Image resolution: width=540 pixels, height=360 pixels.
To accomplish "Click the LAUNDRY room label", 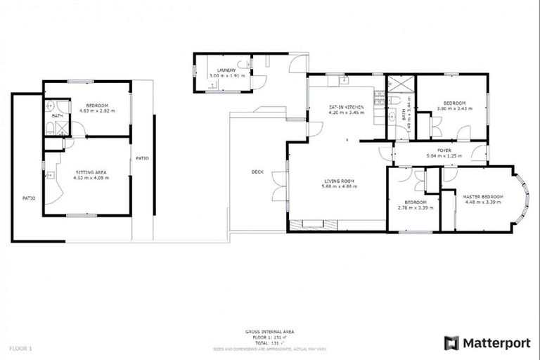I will point(226,70).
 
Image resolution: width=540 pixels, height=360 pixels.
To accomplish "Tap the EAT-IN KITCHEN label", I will point(346,107).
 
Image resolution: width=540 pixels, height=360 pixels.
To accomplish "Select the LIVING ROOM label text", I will point(339,181).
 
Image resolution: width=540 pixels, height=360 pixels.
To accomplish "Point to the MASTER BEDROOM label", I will point(482,196).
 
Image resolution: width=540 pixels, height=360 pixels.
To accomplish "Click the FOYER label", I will point(444,150).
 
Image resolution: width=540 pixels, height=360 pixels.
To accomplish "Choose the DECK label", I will point(257,172).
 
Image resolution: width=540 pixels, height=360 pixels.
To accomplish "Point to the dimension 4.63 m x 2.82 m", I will point(94,110).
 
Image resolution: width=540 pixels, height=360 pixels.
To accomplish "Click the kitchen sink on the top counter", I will point(345,81).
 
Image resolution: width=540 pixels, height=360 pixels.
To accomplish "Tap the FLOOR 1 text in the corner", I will point(20,348).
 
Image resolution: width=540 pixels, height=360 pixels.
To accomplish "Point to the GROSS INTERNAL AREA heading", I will point(269,330).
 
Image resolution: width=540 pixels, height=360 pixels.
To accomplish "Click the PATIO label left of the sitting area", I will point(28,198).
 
